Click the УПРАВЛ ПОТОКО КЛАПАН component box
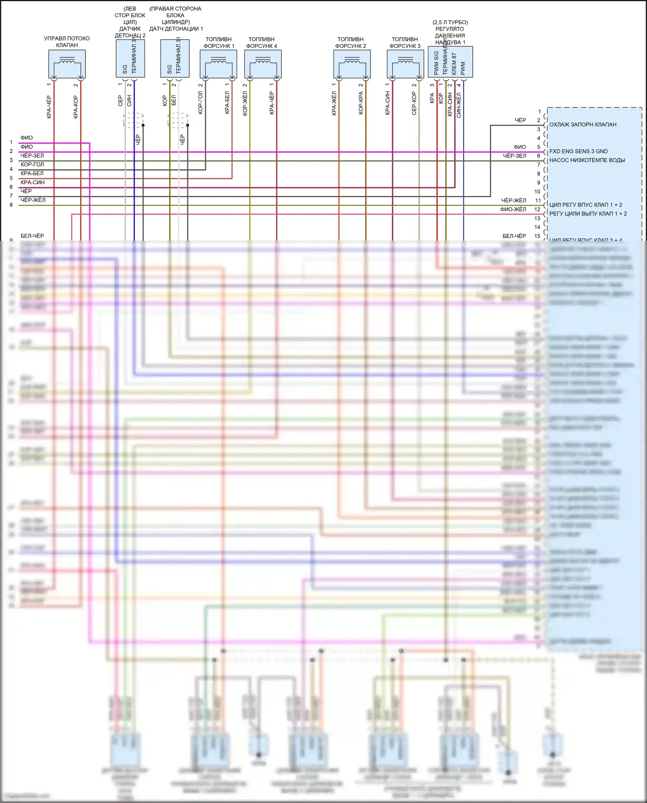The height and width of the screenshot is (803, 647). coord(67,64)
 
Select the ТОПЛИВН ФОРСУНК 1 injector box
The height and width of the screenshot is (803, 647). coord(218,64)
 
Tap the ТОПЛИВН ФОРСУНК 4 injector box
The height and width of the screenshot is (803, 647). coord(263,64)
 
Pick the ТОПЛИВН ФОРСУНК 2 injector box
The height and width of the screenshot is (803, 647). coord(352,64)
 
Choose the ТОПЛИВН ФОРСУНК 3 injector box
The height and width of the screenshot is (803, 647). coord(405,64)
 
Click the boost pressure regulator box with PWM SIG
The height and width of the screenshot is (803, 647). coord(450,62)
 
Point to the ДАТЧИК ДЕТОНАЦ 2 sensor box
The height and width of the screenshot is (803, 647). coord(130,58)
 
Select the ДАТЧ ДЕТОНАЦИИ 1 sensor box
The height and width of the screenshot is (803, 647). coord(175,58)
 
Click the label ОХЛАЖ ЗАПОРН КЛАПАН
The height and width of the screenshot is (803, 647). coord(583,125)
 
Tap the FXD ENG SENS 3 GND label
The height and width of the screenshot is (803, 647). coord(578,151)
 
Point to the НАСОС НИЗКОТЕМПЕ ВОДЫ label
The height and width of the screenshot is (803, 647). coord(587,160)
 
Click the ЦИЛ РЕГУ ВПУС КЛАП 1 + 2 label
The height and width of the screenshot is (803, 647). coord(585,205)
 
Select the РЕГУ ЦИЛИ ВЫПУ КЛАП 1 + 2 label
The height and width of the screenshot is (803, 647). coord(588,214)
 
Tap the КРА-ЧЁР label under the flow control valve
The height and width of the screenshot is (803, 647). coord(49,107)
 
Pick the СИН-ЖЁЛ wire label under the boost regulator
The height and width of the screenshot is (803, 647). coord(459,105)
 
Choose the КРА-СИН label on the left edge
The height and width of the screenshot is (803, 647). coord(33,183)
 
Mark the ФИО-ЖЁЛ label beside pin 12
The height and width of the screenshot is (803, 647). coord(513,209)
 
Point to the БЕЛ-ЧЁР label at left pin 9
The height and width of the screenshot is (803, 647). coord(32,236)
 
